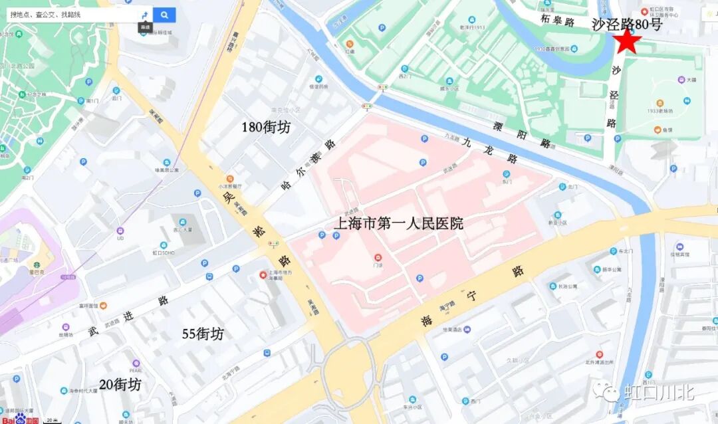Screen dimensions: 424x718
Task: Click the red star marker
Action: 628,42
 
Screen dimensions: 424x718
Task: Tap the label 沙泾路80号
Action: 626,25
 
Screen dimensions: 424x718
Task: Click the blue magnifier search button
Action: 164,15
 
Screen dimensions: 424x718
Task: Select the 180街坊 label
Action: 265,126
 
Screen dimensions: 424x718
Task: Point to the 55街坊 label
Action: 203,334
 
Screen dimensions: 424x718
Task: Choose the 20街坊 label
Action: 120,384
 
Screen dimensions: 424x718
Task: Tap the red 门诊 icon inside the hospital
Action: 378,257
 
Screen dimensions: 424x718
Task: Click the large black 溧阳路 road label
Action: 523,134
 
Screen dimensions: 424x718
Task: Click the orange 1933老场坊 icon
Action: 659,104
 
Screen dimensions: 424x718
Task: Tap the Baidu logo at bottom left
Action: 21,420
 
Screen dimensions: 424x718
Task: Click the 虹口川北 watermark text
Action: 659,391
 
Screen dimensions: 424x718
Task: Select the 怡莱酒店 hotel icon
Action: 467,329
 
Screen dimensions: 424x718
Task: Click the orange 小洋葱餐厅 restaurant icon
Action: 229,179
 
